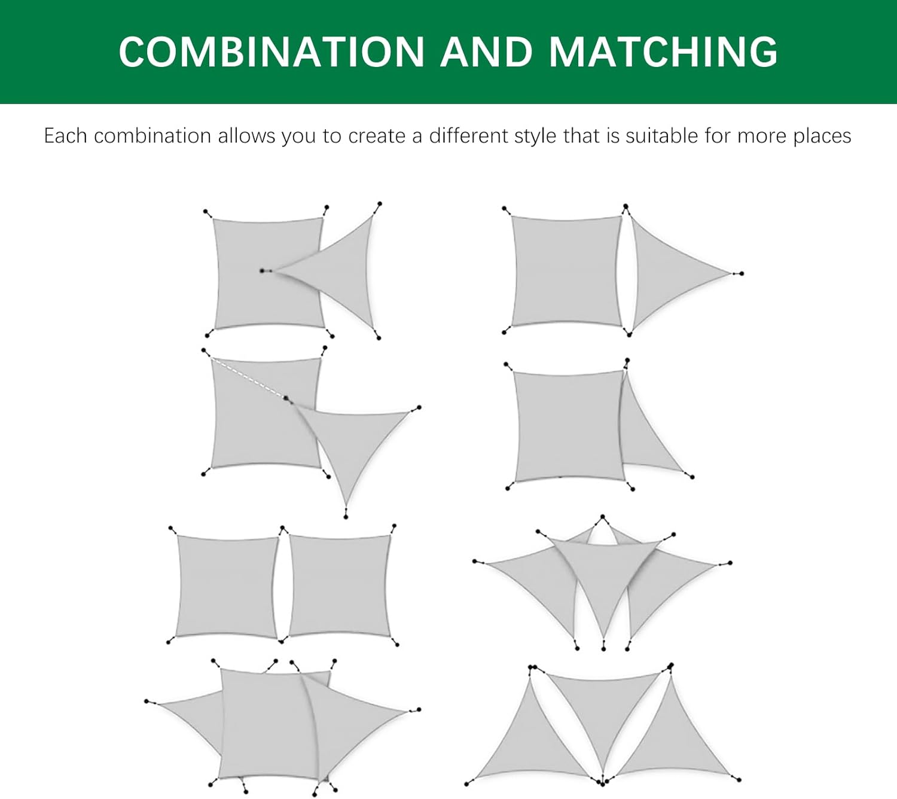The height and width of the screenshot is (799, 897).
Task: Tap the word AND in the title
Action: pyautogui.click(x=486, y=51)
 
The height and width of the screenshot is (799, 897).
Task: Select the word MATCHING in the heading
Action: pyautogui.click(x=663, y=51)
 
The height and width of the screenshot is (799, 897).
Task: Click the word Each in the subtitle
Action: pyautogui.click(x=65, y=136)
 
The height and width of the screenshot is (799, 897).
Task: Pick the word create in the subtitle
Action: pyautogui.click(x=376, y=136)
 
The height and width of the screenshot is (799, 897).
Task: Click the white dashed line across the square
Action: pyautogui.click(x=249, y=378)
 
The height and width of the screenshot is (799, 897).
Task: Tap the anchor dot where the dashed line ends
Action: pyautogui.click(x=286, y=398)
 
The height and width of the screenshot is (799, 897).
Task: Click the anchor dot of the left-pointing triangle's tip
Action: pyautogui.click(x=262, y=270)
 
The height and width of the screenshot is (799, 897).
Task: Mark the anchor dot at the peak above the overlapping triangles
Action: pyautogui.click(x=603, y=517)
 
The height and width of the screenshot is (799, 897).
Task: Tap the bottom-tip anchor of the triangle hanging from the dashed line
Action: pyautogui.click(x=346, y=517)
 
